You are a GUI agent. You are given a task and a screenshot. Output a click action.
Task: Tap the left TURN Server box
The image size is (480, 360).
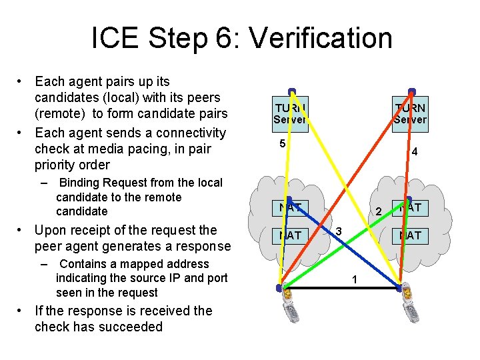(289, 113)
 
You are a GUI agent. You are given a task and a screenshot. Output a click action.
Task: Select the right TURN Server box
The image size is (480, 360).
(409, 113)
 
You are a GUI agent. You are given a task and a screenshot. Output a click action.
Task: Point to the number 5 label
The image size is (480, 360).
(283, 144)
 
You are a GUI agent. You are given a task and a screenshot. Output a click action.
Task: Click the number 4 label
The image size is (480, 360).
(414, 152)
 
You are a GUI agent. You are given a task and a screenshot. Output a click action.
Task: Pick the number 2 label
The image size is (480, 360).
(377, 213)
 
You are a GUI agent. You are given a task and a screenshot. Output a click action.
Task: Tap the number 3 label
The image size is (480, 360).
(339, 231)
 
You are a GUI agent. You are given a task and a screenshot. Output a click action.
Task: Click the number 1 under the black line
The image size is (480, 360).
(355, 279)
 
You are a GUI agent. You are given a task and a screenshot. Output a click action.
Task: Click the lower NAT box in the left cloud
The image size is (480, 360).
(290, 235)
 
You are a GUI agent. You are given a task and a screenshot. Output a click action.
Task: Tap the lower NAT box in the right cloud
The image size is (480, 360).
(410, 235)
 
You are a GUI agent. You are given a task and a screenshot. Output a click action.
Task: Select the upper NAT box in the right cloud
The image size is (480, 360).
(410, 207)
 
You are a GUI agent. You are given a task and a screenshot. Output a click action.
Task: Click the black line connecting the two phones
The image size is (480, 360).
(340, 288)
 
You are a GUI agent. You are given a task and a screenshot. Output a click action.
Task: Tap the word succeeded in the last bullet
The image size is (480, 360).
(130, 327)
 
